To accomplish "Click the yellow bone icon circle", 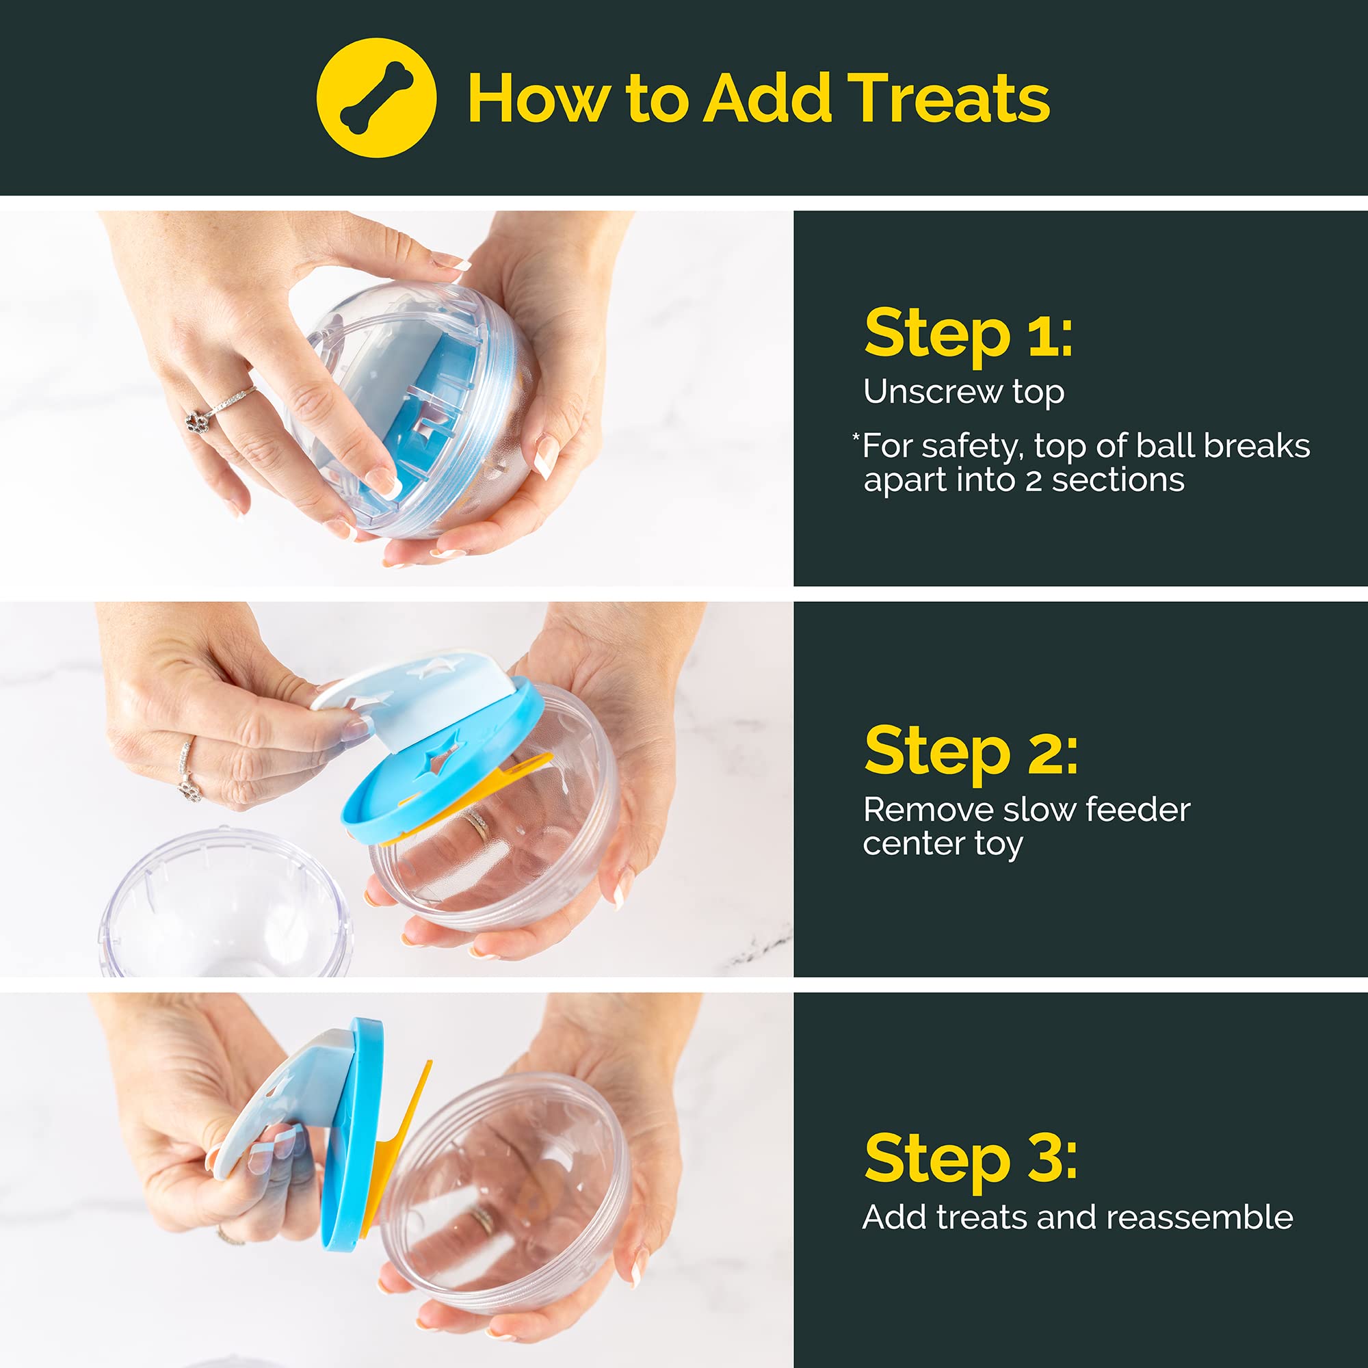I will (376, 98).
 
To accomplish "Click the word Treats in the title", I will (948, 99).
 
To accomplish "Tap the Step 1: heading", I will (967, 334).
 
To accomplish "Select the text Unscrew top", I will (963, 391).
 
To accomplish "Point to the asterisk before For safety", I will (856, 438).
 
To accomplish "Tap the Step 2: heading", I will (970, 751).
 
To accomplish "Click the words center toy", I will (942, 844).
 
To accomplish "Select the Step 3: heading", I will (970, 1158).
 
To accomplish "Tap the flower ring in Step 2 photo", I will (189, 788).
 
